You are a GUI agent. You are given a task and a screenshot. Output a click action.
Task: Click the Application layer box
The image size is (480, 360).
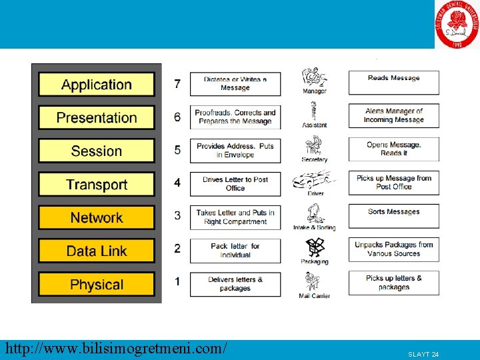click(x=97, y=85)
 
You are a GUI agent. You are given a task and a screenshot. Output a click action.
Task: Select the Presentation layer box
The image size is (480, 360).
click(x=97, y=118)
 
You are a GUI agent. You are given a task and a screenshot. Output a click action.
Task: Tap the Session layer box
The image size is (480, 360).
click(x=97, y=151)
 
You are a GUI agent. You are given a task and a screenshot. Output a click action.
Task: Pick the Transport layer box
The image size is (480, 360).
click(x=97, y=184)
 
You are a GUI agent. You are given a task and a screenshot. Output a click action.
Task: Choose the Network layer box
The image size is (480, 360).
click(x=97, y=217)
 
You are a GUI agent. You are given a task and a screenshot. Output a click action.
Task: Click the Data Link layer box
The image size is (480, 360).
click(x=97, y=251)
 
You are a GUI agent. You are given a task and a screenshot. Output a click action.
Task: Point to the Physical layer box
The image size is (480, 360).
click(x=97, y=284)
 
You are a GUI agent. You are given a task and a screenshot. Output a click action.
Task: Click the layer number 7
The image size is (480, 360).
click(x=177, y=84)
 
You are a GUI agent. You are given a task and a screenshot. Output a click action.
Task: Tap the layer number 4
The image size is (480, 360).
click(x=177, y=182)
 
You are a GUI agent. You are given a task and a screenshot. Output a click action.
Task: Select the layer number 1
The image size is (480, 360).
click(x=177, y=281)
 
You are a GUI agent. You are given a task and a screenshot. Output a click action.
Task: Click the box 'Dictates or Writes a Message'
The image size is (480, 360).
click(x=235, y=83)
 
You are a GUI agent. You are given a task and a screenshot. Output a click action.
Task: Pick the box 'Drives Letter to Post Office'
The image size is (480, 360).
click(x=235, y=183)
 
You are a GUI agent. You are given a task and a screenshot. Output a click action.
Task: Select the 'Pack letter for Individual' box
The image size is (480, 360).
click(x=235, y=250)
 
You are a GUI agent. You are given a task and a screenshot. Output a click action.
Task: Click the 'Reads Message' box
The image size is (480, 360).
click(x=393, y=83)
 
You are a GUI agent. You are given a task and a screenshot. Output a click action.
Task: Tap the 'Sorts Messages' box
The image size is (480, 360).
click(x=393, y=216)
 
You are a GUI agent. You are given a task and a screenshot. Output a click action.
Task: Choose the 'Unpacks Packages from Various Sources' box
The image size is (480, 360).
click(x=393, y=249)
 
